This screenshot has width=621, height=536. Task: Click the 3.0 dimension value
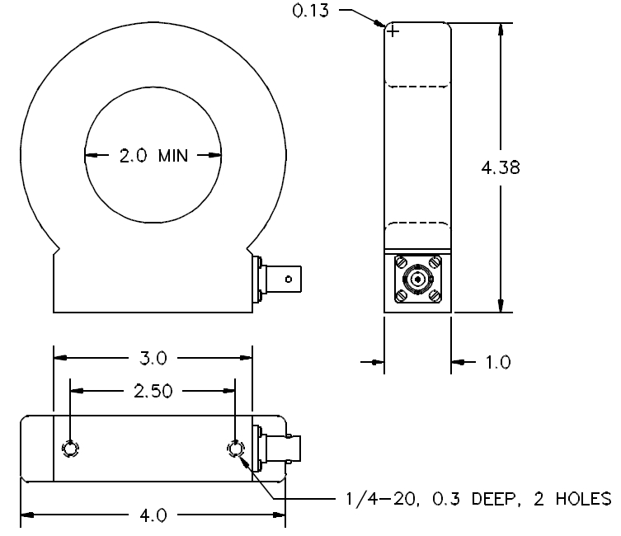pyautogui.click(x=153, y=358)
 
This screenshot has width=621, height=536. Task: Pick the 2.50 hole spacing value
pyautogui.click(x=153, y=391)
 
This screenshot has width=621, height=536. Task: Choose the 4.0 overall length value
pyautogui.click(x=153, y=516)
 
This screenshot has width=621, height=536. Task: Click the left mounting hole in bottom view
pyautogui.click(x=70, y=449)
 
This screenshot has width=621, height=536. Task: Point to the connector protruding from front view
pyautogui.click(x=280, y=279)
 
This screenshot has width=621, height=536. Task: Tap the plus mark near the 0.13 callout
pyautogui.click(x=393, y=31)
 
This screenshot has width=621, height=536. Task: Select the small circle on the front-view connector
pyautogui.click(x=288, y=279)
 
